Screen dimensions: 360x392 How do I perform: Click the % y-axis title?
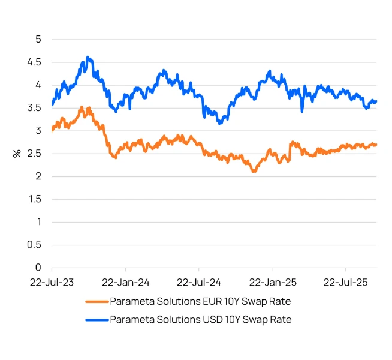(x=16, y=154)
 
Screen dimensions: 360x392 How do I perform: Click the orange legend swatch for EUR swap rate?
(x=97, y=301)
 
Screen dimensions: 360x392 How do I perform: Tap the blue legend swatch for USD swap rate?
(x=97, y=319)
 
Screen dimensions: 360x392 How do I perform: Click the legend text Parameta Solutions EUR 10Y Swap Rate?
(x=200, y=301)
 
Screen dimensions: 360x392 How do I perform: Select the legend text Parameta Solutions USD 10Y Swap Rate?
(x=200, y=319)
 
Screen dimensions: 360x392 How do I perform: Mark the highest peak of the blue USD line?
(x=88, y=57)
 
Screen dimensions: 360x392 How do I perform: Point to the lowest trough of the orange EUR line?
(x=254, y=171)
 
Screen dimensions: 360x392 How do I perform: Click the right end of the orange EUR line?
(x=376, y=144)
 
